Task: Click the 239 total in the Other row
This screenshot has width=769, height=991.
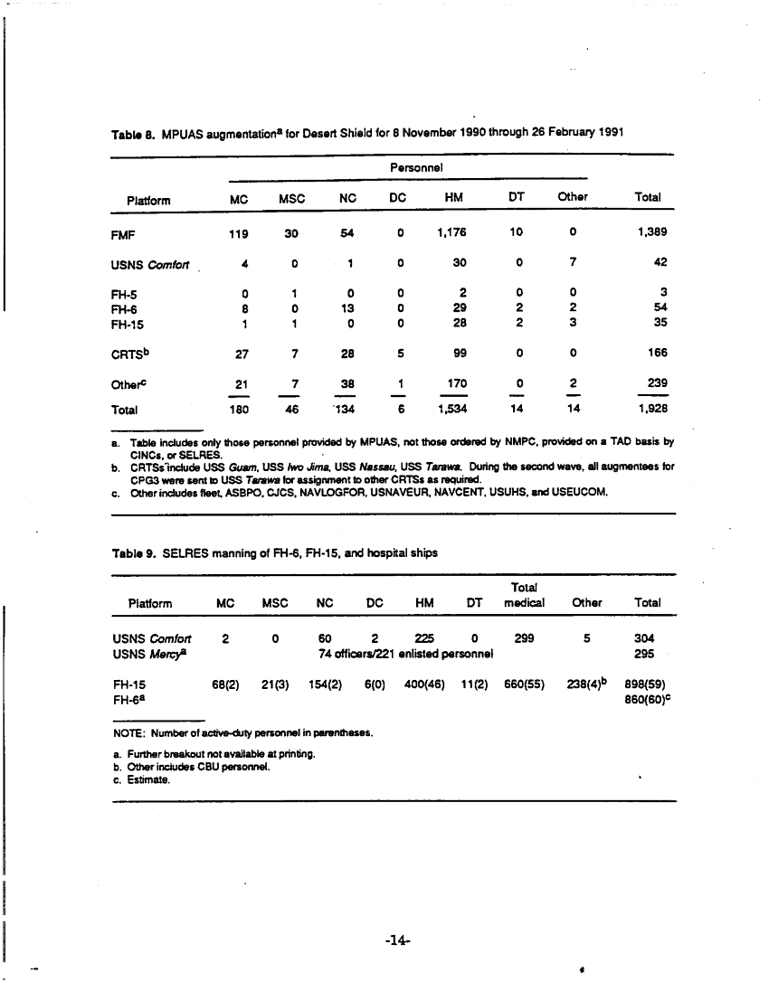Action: click(x=653, y=382)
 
